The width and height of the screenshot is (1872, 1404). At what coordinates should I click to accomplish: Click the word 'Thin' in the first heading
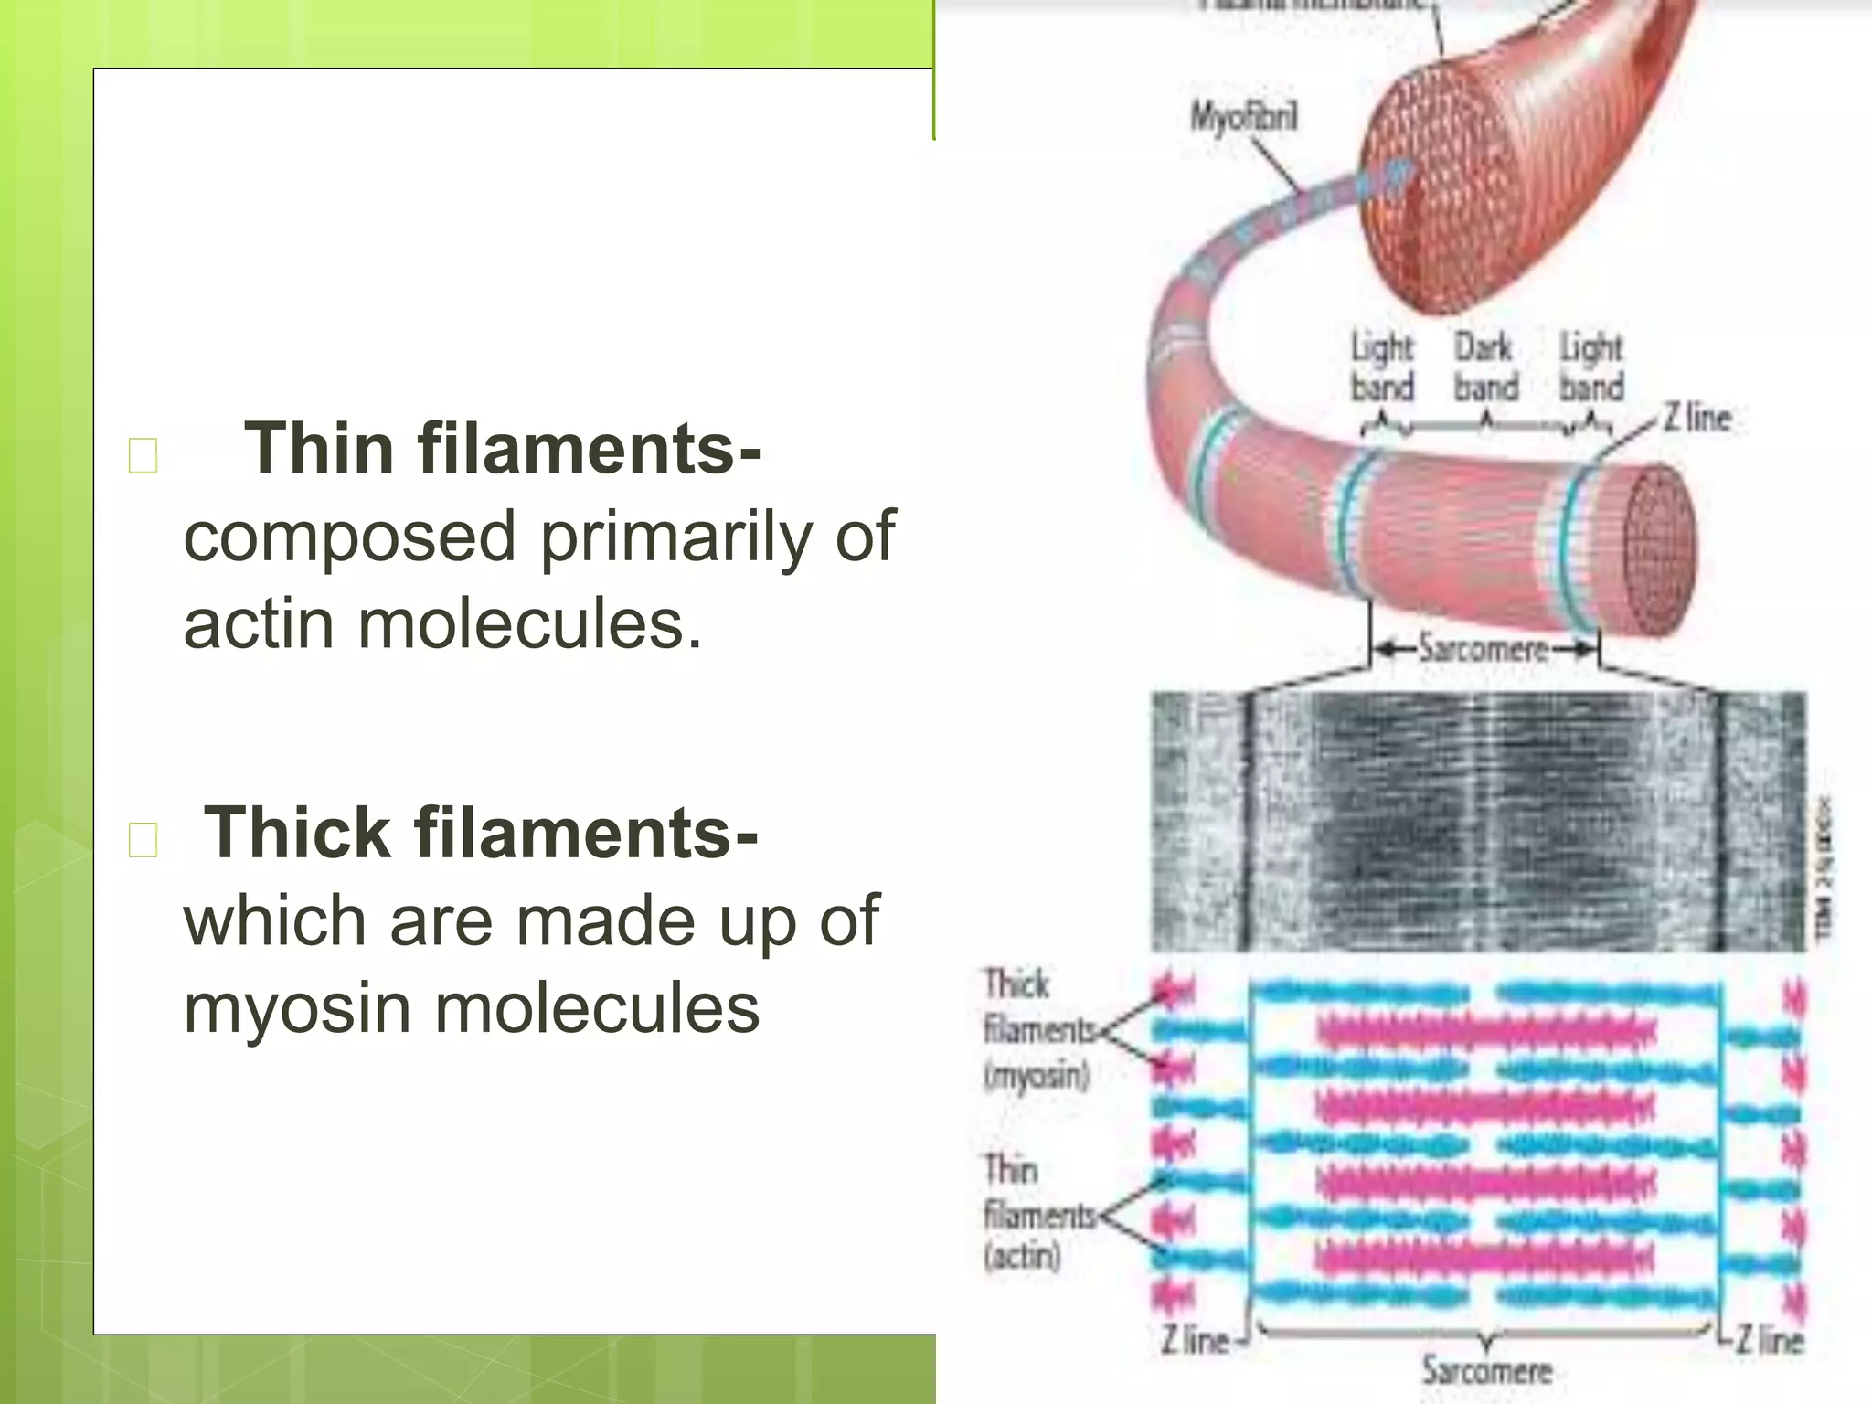click(x=316, y=448)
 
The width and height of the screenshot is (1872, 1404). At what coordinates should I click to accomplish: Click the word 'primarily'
click(x=675, y=537)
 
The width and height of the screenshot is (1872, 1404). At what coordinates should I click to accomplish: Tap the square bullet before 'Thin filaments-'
click(x=144, y=455)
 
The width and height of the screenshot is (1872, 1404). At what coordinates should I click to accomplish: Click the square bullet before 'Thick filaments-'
click(x=144, y=839)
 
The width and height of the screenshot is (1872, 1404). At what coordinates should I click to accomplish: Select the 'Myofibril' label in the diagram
click(x=1242, y=118)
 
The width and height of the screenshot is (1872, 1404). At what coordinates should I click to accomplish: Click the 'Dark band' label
click(x=1484, y=367)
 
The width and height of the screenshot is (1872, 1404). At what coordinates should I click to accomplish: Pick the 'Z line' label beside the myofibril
click(x=1696, y=419)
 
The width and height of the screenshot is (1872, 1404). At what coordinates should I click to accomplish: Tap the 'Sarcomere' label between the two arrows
click(x=1484, y=649)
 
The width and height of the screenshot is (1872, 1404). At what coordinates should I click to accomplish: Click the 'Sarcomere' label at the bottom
click(x=1486, y=1370)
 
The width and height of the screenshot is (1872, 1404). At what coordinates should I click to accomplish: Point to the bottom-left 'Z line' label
click(x=1196, y=1340)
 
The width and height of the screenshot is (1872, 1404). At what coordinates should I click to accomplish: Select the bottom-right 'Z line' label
click(x=1769, y=1340)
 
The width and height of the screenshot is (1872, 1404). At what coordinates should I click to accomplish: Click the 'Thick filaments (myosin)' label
click(x=1037, y=1029)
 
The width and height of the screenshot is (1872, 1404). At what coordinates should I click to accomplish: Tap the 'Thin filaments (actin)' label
click(x=1037, y=1214)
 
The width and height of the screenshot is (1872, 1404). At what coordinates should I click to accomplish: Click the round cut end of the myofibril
click(x=1659, y=548)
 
